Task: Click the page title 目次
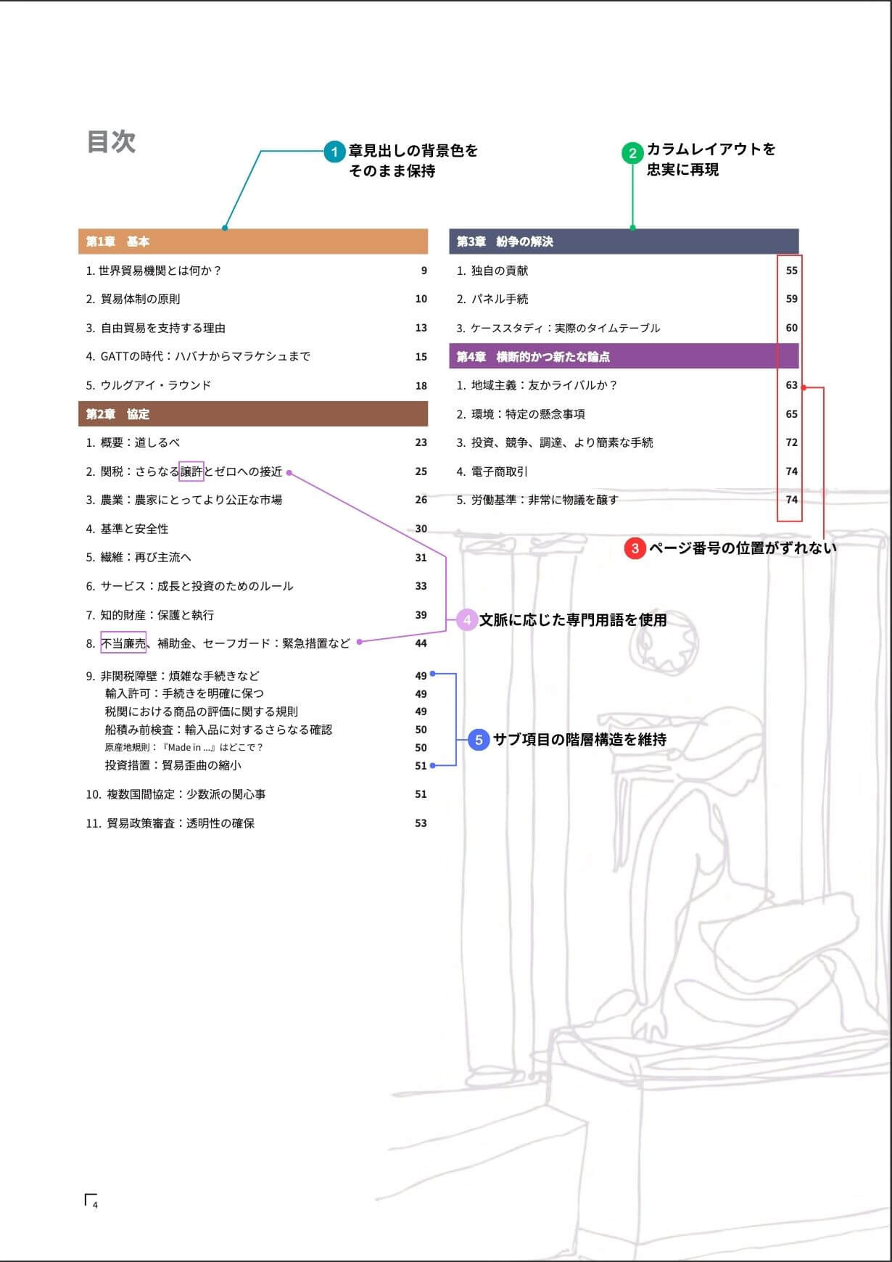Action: (111, 141)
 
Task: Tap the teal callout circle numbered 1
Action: (334, 152)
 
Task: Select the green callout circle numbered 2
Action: (632, 153)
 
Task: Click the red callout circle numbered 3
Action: (635, 548)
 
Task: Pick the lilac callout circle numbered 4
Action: (467, 620)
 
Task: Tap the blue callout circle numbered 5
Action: (479, 740)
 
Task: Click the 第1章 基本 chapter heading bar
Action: (252, 242)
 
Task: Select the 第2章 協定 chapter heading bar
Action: (252, 414)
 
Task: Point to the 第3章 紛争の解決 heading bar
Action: (624, 242)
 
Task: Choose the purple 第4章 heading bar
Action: (624, 357)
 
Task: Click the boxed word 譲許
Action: (191, 471)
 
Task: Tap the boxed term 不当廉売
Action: (123, 643)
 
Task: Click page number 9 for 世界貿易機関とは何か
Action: (424, 271)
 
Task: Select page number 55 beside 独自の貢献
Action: (791, 271)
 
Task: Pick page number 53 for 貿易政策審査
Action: (421, 823)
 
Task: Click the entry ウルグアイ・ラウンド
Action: (155, 385)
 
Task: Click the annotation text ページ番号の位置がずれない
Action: (742, 548)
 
